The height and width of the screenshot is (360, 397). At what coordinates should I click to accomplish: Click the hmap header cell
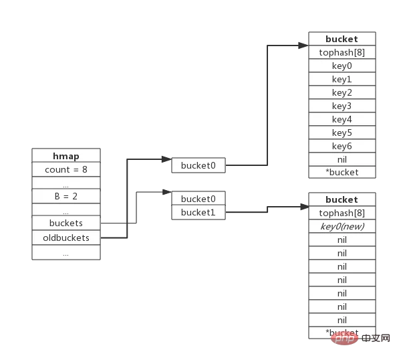[x=66, y=155]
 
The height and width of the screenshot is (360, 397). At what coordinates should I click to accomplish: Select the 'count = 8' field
[x=66, y=169]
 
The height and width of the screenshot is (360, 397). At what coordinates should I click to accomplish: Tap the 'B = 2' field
[x=66, y=196]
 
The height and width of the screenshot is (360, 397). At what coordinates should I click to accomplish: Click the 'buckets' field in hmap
[x=66, y=223]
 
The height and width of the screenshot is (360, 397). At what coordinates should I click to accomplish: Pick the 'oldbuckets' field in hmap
[x=66, y=238]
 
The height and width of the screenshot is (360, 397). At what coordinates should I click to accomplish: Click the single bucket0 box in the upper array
[x=198, y=165]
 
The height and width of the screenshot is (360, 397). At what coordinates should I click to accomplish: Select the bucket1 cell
[x=198, y=212]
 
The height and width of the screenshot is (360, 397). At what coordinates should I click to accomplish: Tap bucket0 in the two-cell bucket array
[x=198, y=198]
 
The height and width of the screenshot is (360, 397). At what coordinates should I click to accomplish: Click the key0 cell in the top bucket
[x=342, y=66]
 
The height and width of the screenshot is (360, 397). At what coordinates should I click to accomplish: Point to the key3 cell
[x=342, y=106]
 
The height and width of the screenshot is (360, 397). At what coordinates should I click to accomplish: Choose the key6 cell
[x=342, y=146]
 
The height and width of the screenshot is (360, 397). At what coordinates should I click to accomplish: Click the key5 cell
[x=342, y=132]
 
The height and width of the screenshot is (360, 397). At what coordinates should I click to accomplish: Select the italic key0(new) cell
[x=342, y=226]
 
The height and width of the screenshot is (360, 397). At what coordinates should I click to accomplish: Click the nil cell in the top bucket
[x=342, y=159]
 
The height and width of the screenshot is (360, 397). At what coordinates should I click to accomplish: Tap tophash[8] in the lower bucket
[x=342, y=213]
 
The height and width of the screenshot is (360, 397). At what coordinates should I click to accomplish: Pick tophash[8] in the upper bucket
[x=342, y=52]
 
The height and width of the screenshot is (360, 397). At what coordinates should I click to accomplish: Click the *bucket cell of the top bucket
[x=342, y=172]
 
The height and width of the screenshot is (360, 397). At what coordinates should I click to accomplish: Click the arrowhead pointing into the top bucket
[x=303, y=46]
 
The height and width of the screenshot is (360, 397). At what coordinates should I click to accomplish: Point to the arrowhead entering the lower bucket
[x=305, y=207]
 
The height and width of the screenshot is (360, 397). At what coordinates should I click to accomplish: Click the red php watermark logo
[x=344, y=339]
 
